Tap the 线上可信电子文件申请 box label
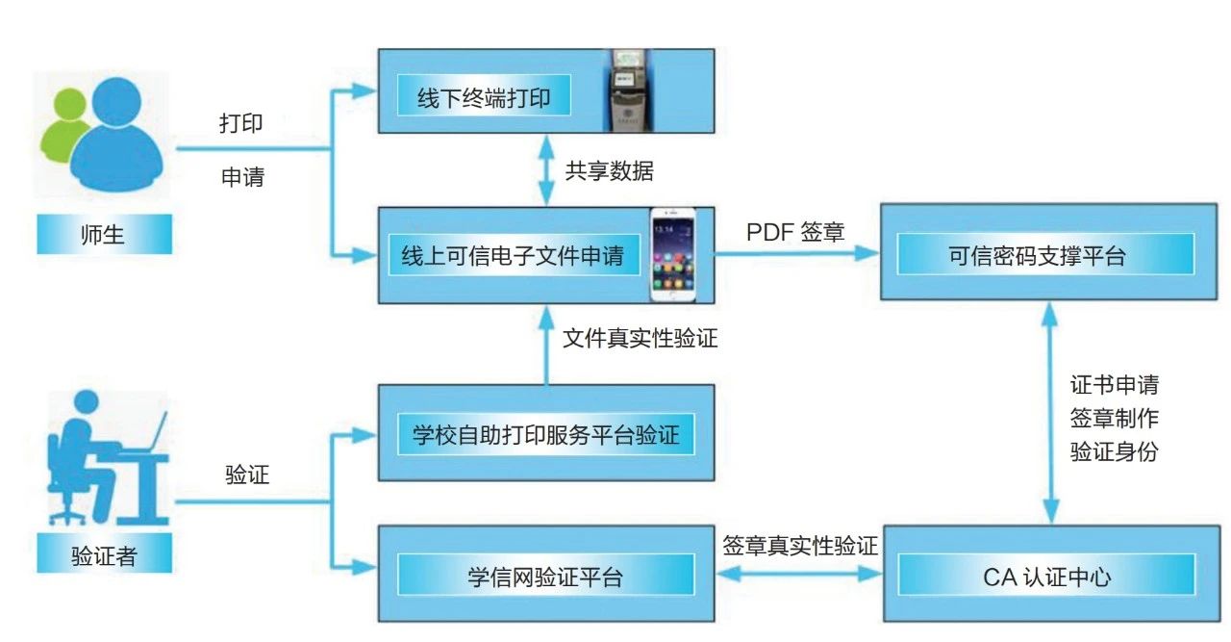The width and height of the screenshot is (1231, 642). point(512,256)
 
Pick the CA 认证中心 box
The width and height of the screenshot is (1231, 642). point(1045,577)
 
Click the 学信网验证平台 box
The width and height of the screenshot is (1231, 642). point(545,577)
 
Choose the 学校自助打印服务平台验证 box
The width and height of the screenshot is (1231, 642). point(545,435)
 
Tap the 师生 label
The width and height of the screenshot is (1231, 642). point(104,234)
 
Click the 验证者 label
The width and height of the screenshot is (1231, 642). point(104,555)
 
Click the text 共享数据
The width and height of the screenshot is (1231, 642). point(610,171)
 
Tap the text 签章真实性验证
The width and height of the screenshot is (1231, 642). point(799,546)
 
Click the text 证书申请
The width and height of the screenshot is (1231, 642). point(1114,385)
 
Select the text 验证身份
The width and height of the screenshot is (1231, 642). point(1114,452)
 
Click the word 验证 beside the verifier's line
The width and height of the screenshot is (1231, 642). point(247,475)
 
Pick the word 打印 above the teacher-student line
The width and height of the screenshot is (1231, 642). point(241,123)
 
